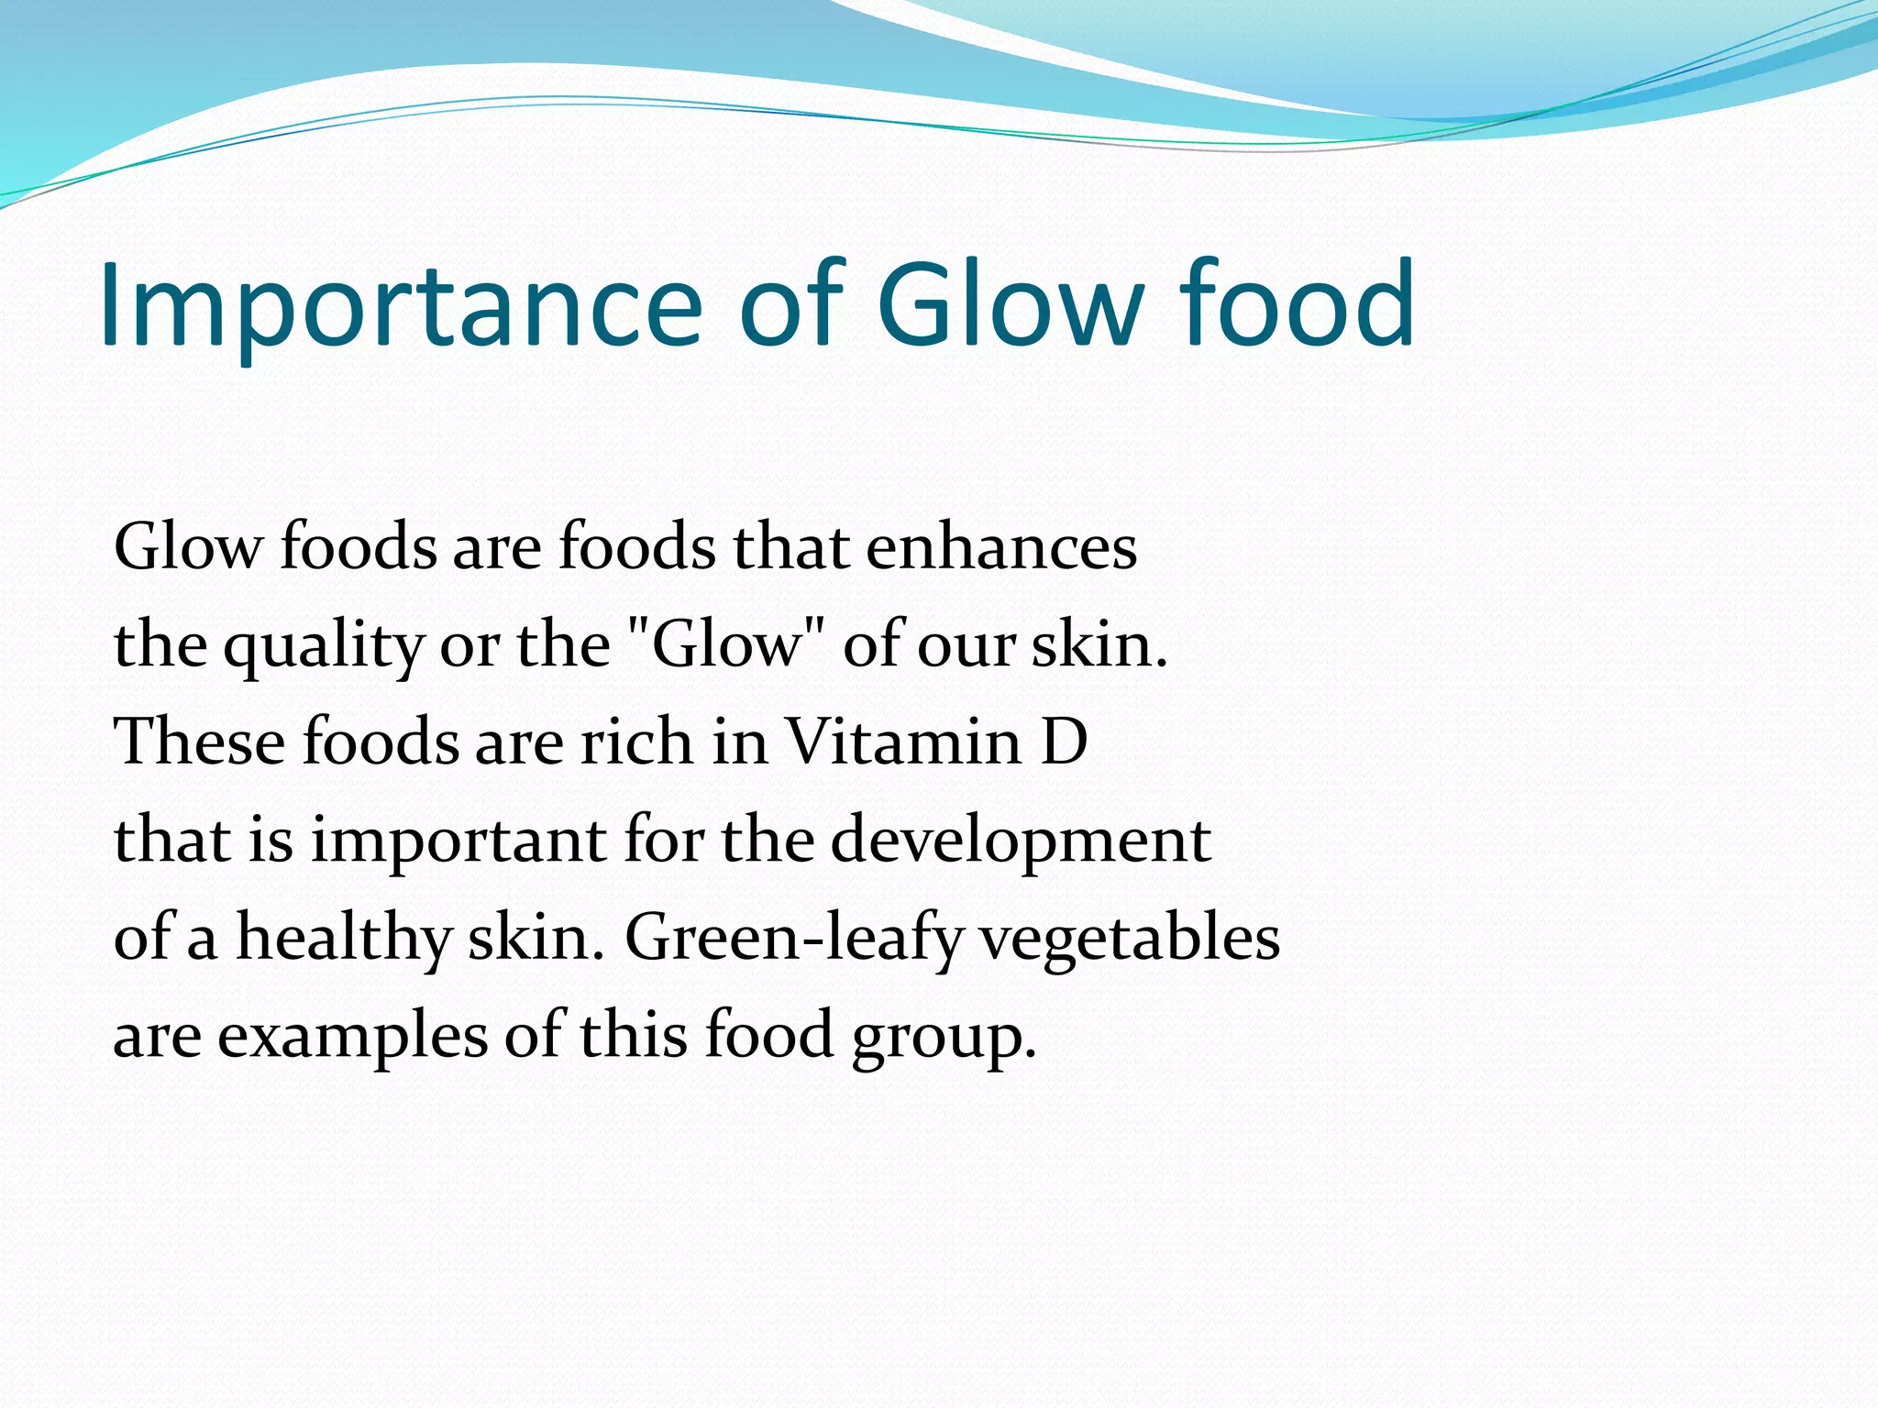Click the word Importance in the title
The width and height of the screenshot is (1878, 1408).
click(x=400, y=305)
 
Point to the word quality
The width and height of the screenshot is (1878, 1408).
click(x=323, y=647)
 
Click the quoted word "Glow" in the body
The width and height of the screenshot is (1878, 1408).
click(x=726, y=643)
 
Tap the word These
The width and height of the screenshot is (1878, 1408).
click(x=199, y=742)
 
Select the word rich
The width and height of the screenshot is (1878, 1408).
click(x=635, y=742)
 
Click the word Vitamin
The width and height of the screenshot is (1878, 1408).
click(x=903, y=742)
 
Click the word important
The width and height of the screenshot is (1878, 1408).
click(x=458, y=841)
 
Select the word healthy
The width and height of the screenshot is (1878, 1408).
click(x=343, y=940)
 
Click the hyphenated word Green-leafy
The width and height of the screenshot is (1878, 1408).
click(x=794, y=940)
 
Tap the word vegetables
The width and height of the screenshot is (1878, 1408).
click(x=1130, y=940)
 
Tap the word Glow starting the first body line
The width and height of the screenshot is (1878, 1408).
click(x=188, y=547)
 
